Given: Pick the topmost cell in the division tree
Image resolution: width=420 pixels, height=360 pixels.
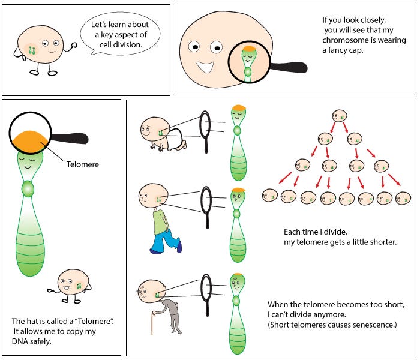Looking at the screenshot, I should point(340,116).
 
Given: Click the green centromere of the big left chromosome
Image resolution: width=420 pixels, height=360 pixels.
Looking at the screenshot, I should point(27,190).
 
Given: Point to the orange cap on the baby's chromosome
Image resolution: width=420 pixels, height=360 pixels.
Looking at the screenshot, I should point(236,109).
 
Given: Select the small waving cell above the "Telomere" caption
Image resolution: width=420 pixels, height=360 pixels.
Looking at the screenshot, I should point(73,283).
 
